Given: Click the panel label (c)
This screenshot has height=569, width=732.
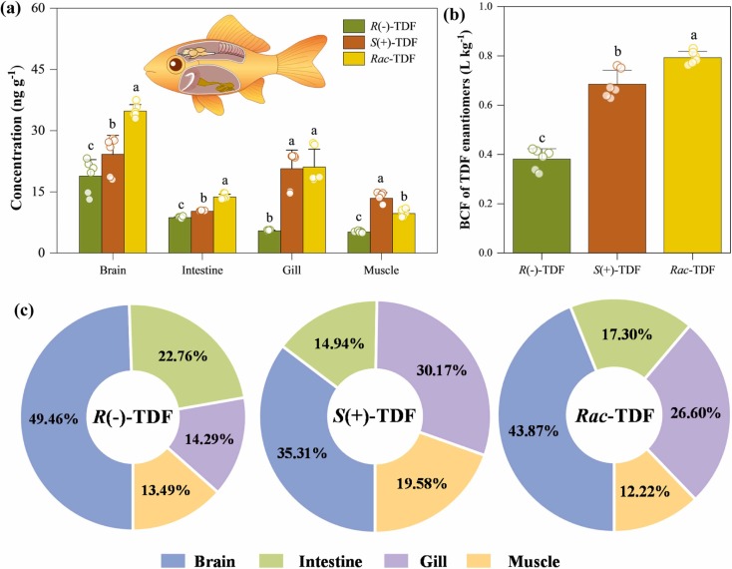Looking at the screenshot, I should (21, 309).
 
